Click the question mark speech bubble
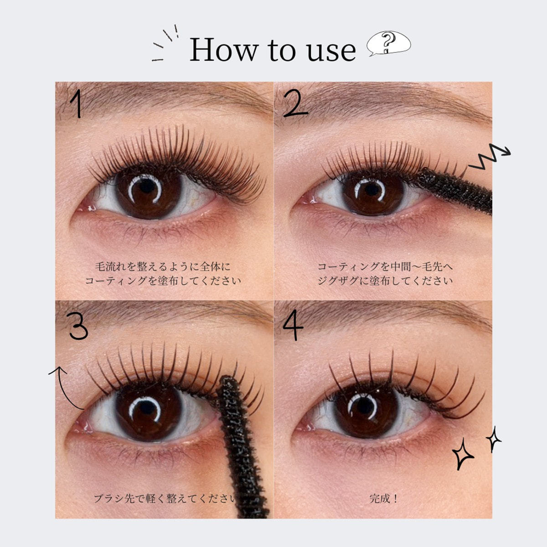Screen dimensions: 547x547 pyautogui.click(x=388, y=44)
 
